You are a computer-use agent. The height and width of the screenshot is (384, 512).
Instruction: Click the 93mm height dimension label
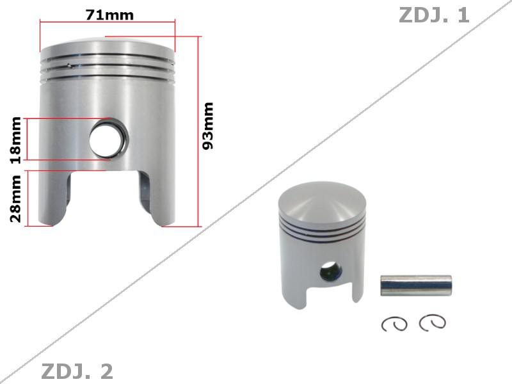click(208, 126)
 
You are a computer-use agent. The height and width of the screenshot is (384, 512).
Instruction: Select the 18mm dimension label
click(15, 139)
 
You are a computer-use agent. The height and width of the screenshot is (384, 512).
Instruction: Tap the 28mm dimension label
click(15, 199)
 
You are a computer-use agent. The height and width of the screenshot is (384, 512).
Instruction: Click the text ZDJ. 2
click(77, 371)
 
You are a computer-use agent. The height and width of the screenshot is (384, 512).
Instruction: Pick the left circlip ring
click(394, 324)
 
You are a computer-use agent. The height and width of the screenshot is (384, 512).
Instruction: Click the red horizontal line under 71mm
click(107, 22)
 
